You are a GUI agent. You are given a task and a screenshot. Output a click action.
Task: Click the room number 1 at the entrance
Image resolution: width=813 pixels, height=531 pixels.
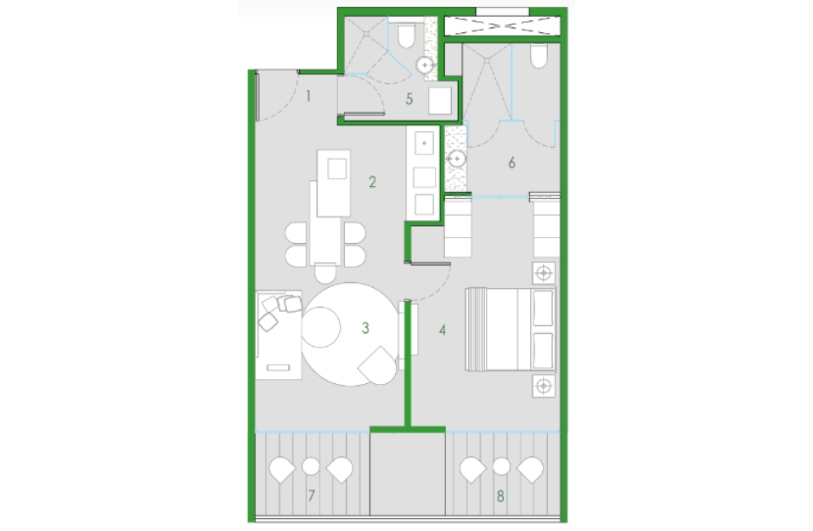click(x=308, y=97)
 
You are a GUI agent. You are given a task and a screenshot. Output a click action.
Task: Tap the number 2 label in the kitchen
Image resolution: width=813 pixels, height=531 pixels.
click(x=372, y=182)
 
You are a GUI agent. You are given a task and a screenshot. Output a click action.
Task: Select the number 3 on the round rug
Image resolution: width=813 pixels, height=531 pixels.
click(x=365, y=328)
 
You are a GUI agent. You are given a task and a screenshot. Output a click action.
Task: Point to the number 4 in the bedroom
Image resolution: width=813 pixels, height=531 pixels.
click(x=443, y=330)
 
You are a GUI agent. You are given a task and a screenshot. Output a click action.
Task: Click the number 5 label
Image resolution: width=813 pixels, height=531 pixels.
click(x=409, y=99)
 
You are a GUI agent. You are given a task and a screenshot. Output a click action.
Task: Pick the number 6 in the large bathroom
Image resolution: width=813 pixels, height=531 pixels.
click(x=511, y=163)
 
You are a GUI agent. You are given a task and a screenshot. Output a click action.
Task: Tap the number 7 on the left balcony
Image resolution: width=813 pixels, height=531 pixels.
click(x=311, y=495)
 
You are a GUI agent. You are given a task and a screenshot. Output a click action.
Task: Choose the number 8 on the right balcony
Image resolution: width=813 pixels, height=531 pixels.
click(x=500, y=496)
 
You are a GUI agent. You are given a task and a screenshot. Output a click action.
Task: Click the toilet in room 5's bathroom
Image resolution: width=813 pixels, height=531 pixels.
click(x=405, y=36)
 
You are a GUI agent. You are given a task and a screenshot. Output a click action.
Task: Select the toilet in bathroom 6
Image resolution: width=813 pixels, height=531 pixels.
click(x=539, y=56)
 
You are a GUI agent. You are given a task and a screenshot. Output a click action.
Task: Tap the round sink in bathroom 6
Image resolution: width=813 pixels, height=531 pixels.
click(x=457, y=158)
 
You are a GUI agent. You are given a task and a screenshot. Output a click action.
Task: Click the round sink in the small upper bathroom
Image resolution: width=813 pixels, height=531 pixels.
click(x=425, y=65)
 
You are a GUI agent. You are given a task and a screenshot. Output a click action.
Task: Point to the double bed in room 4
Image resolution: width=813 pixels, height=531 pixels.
click(x=511, y=330)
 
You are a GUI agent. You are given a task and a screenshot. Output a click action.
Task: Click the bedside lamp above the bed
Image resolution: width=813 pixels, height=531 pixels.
click(x=544, y=273)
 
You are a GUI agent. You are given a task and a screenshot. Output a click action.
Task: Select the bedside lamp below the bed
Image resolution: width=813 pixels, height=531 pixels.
click(x=544, y=386)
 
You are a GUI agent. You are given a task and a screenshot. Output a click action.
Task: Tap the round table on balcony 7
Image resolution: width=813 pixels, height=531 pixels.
click(x=311, y=466)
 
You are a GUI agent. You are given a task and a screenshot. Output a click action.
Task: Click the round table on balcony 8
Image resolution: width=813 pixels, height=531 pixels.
click(x=501, y=466)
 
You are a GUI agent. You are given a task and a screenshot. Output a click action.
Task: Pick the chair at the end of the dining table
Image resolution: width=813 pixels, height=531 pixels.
click(x=325, y=273)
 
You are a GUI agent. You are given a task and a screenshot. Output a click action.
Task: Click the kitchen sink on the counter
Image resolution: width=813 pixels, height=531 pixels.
click(x=424, y=143)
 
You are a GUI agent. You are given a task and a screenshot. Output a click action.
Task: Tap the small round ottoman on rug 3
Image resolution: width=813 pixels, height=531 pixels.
click(x=320, y=327)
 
